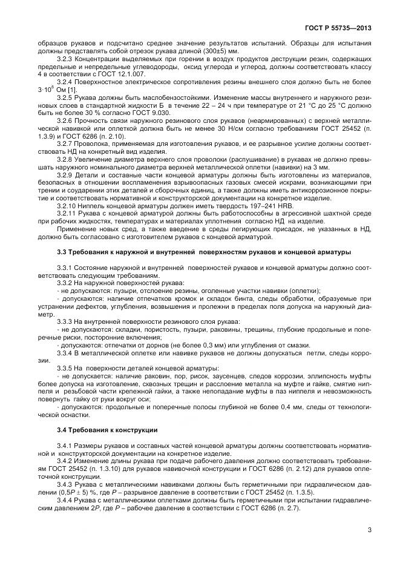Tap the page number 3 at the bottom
[x=369, y=530]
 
